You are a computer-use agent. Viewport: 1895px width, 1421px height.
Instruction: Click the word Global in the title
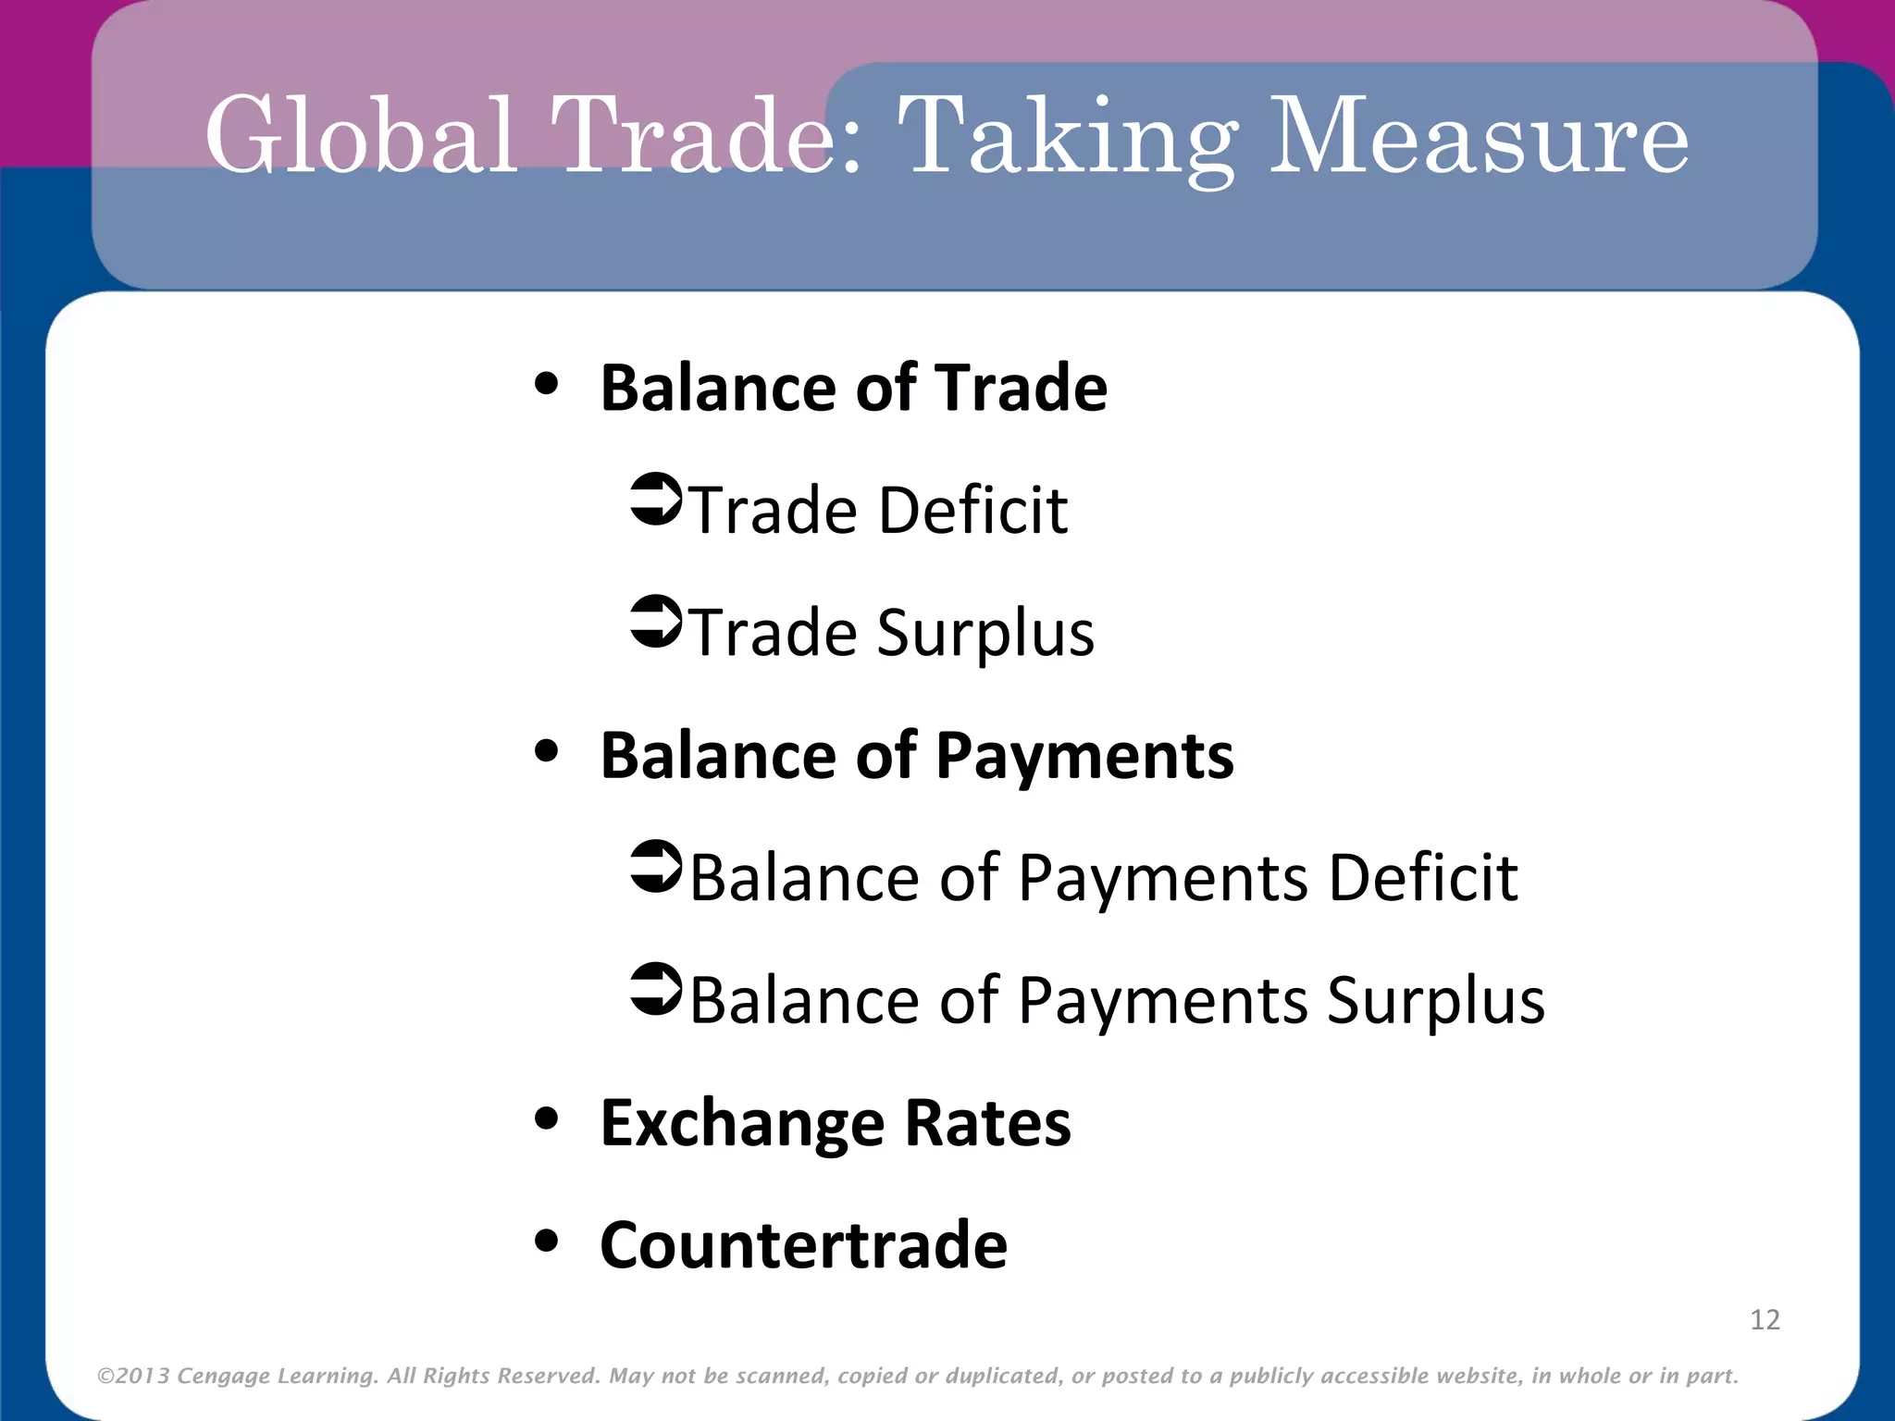click(x=361, y=136)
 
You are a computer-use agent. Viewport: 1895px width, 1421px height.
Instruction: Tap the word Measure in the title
click(x=1479, y=136)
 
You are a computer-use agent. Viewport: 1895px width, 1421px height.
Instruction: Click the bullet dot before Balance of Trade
click(x=547, y=385)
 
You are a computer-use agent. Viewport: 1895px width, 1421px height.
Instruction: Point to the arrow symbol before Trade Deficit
click(x=655, y=500)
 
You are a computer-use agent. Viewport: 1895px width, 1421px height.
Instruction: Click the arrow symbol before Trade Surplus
click(x=655, y=622)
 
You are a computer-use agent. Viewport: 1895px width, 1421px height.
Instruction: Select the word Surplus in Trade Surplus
click(x=985, y=635)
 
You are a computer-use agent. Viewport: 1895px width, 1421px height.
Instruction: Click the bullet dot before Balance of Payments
click(x=547, y=752)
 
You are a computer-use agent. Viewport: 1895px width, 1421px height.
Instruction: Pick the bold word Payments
click(x=1084, y=757)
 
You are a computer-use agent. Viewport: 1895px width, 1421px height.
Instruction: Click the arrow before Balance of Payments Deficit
click(x=655, y=867)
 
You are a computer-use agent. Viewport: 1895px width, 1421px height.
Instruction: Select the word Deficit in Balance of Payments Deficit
click(x=1423, y=877)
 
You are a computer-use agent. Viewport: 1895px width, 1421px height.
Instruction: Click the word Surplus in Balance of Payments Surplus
click(x=1435, y=1002)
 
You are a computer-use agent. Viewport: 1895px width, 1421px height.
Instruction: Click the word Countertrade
click(x=803, y=1245)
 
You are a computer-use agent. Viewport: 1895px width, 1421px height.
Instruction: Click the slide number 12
click(x=1765, y=1319)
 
